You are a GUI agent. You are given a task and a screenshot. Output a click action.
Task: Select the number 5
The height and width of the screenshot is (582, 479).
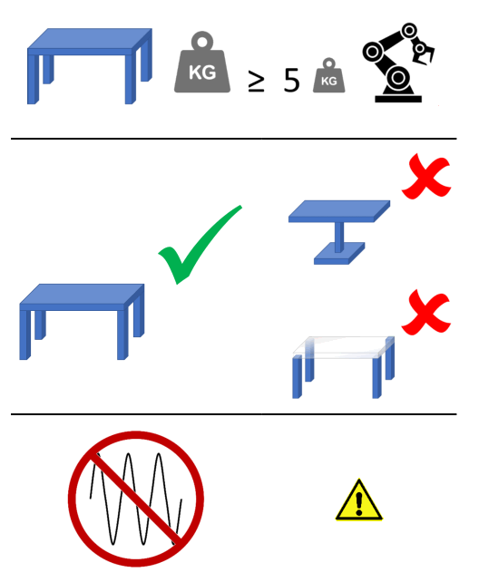[290, 80]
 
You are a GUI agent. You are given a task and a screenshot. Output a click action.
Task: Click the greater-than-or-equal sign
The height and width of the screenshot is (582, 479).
[257, 82]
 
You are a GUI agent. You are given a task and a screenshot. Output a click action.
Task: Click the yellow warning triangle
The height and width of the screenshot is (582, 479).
[359, 501]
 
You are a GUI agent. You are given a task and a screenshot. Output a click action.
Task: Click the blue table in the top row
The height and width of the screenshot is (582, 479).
[89, 63]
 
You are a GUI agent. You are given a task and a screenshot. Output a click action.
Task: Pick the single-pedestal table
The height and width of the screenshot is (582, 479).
[338, 230]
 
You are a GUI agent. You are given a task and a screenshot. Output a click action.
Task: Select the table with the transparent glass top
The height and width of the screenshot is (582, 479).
[343, 364]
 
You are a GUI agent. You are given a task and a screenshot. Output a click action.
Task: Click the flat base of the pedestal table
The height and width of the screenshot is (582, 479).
[338, 255]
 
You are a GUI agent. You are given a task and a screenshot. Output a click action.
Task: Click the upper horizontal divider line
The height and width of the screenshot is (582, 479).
[233, 139]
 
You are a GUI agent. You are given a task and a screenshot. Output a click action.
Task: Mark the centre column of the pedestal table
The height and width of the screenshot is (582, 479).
[338, 236]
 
